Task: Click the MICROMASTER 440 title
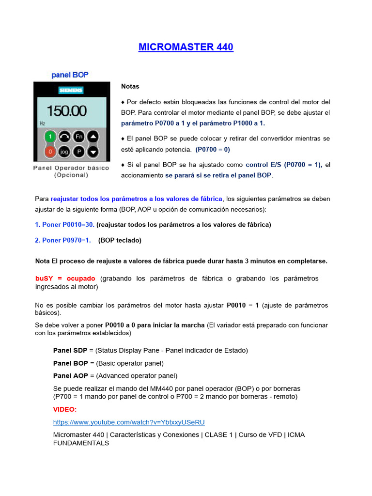tap(186, 47)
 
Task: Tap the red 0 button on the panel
tap(49, 152)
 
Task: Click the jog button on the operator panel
tap(64, 152)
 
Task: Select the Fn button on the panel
tap(78, 137)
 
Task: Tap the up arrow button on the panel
tap(93, 137)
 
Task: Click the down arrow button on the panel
tap(93, 152)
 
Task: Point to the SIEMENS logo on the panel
tap(71, 90)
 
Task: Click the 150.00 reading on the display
tap(66, 111)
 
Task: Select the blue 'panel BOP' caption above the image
tap(70, 75)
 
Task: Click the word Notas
tap(130, 86)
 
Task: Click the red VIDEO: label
tap(65, 409)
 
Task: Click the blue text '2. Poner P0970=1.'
tap(63, 240)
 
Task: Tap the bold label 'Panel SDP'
tap(70, 350)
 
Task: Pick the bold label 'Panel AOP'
tap(71, 375)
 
